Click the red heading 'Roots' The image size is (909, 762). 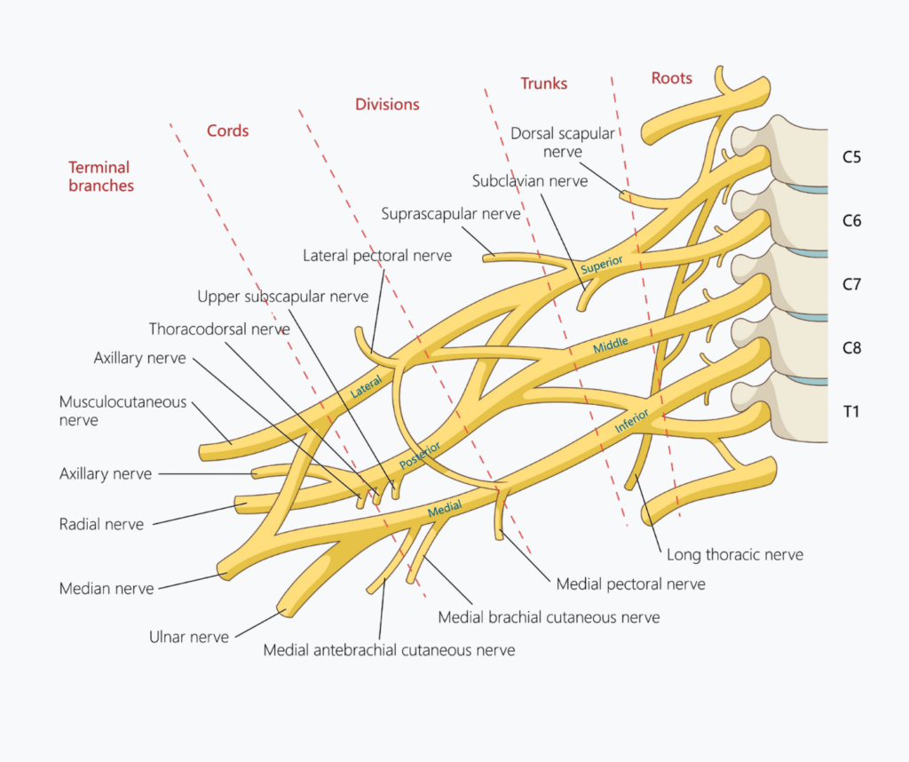point(671,78)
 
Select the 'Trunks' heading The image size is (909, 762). point(544,83)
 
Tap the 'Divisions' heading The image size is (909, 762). point(387,105)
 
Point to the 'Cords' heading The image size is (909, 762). point(228,131)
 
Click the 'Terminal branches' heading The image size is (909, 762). point(101,177)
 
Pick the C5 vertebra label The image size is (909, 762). point(851,157)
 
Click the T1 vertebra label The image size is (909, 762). point(850,412)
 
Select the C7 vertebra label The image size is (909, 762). point(851,285)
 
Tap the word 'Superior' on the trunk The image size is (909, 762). point(602,265)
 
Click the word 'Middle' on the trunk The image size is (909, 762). point(611,345)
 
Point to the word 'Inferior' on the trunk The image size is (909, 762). point(631,420)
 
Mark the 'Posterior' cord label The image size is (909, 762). point(420,456)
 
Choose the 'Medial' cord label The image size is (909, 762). point(445,509)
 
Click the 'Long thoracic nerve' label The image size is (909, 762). point(735,555)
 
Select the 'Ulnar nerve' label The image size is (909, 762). point(189,638)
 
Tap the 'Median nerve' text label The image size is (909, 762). point(107,589)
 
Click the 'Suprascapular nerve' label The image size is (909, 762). point(451,214)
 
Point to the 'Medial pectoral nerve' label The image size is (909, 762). point(631,584)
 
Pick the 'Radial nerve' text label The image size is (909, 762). point(101,524)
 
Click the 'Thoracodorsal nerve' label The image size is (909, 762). point(219,329)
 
